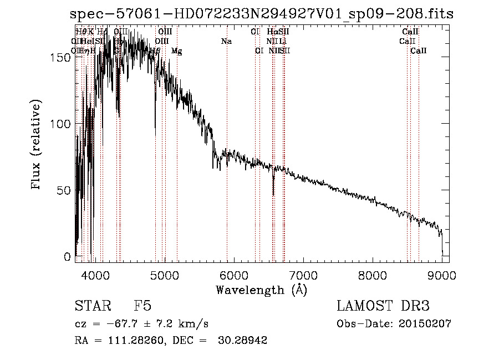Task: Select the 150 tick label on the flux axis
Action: coord(62,58)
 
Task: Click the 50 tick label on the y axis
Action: coord(65,190)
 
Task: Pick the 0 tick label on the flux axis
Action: coord(68,257)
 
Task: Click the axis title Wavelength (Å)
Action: coord(261,290)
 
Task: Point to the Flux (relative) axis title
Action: coord(37,146)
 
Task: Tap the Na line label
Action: coord(226,41)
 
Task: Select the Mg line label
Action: coord(176,51)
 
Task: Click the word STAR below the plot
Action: coord(93,306)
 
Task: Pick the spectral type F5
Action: coord(143,306)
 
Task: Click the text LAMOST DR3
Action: coord(383,306)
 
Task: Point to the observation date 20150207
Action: coord(425,324)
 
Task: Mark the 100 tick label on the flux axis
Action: coord(62,124)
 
